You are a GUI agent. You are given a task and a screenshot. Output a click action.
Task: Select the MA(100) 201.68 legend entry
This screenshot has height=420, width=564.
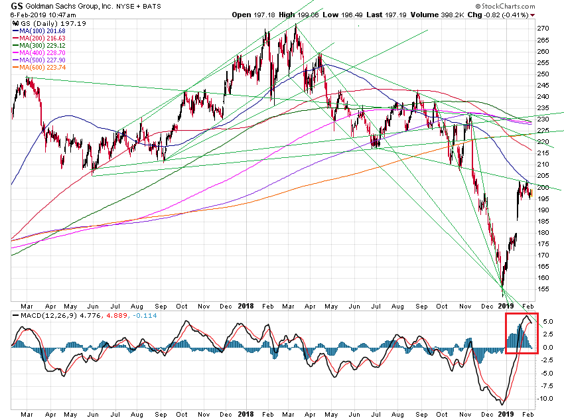coord(41,31)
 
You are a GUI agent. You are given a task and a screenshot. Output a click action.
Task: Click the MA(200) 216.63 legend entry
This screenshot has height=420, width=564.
coord(41,38)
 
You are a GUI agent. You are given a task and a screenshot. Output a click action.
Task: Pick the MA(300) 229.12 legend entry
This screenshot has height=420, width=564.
coord(41,46)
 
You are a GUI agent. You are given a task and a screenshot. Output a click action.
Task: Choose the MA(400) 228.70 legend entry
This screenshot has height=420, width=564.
coord(41,53)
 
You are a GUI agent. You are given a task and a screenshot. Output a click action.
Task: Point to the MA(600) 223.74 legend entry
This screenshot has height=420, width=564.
coord(41,68)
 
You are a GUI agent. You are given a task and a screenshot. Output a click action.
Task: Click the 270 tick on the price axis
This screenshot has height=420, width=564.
coord(543,29)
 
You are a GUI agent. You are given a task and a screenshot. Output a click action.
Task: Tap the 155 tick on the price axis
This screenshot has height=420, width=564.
coord(543,289)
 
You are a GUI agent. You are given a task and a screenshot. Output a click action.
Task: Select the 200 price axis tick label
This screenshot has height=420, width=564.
coord(543,187)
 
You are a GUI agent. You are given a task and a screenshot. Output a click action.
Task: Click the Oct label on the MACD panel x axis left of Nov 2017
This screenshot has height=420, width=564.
coord(182,413)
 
